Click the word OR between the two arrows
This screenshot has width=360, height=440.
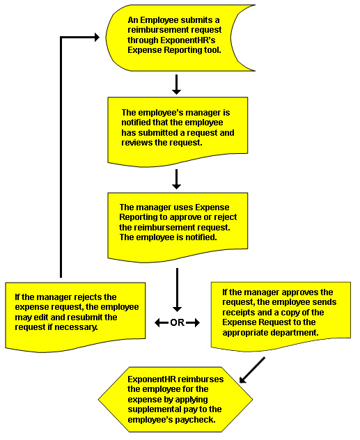click(178, 323)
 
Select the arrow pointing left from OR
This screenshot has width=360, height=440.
click(162, 323)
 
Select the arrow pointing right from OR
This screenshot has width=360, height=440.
click(193, 323)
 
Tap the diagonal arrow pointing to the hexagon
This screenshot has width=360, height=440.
click(252, 370)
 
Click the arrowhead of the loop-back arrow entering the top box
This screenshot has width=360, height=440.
click(97, 38)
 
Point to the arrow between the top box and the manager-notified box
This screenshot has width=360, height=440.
click(176, 84)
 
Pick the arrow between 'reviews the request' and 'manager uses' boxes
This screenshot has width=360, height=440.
click(176, 179)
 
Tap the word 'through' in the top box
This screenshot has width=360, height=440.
click(143, 40)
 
